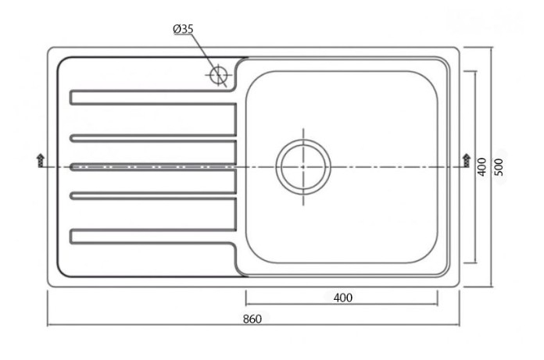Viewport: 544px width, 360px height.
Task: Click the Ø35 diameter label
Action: coord(183,29)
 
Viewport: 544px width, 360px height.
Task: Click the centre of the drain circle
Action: coord(303,167)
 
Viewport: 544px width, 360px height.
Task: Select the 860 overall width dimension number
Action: coord(252,319)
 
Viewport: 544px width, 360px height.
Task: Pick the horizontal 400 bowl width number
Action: coord(343,298)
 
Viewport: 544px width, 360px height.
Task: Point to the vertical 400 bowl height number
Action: coord(482,167)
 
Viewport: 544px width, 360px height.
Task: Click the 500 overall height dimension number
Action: coord(499,167)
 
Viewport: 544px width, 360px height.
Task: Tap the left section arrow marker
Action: coord(40,160)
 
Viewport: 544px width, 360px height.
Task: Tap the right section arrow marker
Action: coord(467,160)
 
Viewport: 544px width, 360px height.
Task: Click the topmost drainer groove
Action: coord(153,98)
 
